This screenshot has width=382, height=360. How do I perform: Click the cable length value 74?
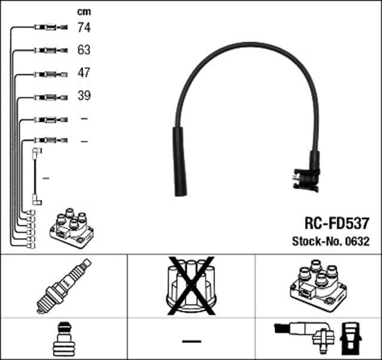84,27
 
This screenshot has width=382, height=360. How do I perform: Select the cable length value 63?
84,50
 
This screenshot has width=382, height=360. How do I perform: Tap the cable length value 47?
84,73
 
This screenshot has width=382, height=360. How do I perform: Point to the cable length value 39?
84,96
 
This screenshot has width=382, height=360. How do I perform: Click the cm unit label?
84,11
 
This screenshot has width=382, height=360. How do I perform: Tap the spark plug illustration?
63,286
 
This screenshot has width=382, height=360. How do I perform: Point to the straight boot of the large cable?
180,161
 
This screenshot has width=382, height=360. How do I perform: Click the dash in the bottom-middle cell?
191,340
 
